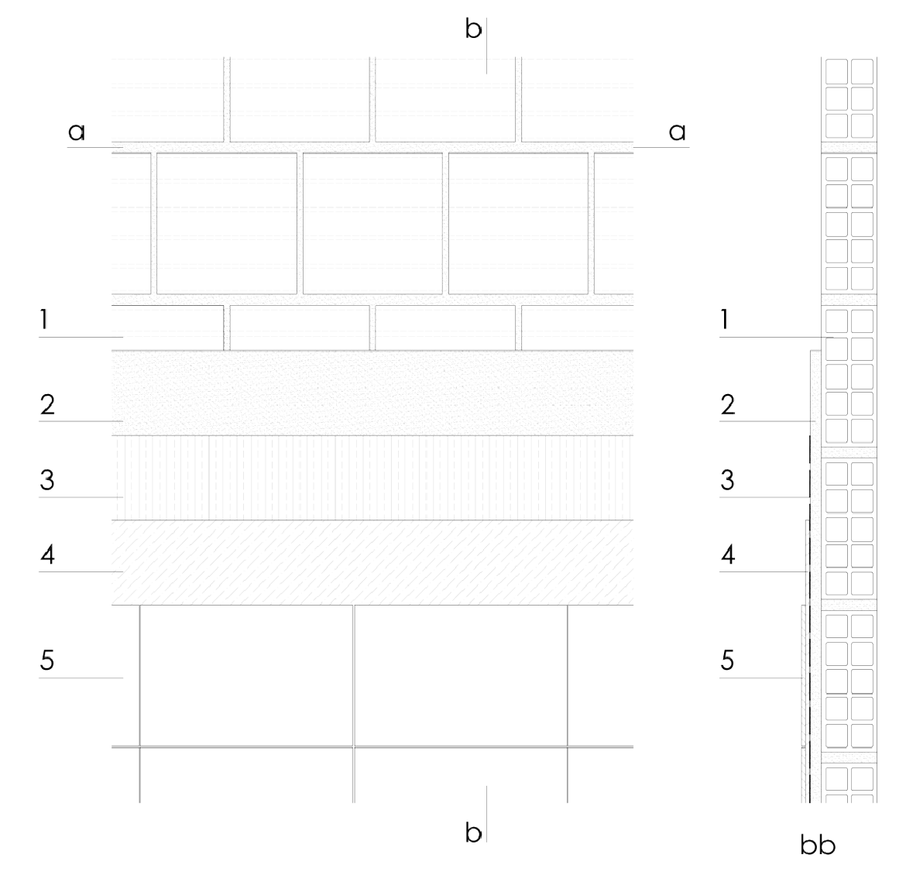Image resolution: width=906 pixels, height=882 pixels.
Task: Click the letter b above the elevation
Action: coord(473,29)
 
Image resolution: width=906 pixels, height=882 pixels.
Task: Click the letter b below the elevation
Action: coord(473,832)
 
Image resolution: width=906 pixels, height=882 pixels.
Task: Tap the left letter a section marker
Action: coord(76,132)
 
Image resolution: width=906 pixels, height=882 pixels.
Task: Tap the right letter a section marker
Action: coord(678,132)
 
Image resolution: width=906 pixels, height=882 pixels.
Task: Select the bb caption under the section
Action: coord(818,845)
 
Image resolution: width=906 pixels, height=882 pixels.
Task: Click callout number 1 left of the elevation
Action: coord(43,320)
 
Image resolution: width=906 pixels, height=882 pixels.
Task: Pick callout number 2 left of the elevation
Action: coord(47,404)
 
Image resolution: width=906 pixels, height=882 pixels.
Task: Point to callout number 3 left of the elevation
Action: coord(47,480)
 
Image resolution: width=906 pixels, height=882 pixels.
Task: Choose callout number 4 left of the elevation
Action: coord(47,555)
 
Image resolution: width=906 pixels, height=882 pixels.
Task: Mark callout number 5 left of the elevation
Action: coord(47,661)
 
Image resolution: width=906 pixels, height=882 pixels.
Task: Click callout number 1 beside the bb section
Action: coord(724,320)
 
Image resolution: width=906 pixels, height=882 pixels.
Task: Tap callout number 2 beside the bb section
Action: coord(728,404)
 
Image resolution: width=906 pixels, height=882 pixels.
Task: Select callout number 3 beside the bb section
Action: coord(728,480)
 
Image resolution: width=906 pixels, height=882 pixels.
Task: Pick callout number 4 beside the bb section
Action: coord(728,555)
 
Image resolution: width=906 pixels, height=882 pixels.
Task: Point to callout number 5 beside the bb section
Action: coord(728,661)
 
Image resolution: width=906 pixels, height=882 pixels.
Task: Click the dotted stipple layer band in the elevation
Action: coord(372,393)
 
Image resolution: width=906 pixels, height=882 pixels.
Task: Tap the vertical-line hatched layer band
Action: coord(372,478)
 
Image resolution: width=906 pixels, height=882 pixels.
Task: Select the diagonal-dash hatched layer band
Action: coord(372,563)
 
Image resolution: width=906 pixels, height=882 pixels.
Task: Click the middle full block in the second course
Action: coord(372,224)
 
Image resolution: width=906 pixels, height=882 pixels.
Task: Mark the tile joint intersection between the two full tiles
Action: coord(354,746)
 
